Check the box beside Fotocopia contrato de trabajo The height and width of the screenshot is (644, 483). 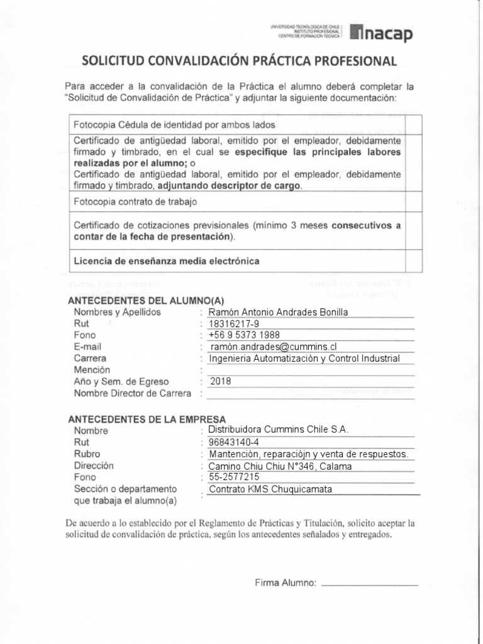pos(413,202)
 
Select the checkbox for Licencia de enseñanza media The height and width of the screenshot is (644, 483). pos(413,261)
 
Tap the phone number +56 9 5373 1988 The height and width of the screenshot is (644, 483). pos(244,335)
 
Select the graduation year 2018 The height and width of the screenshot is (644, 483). pos(221,381)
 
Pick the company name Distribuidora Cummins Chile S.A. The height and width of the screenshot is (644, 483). pos(278,429)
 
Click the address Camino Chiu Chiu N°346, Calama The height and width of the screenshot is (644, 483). pos(280,466)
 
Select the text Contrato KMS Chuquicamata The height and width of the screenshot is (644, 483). pos(270,489)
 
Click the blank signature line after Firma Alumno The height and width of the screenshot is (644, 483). pos(369,584)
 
